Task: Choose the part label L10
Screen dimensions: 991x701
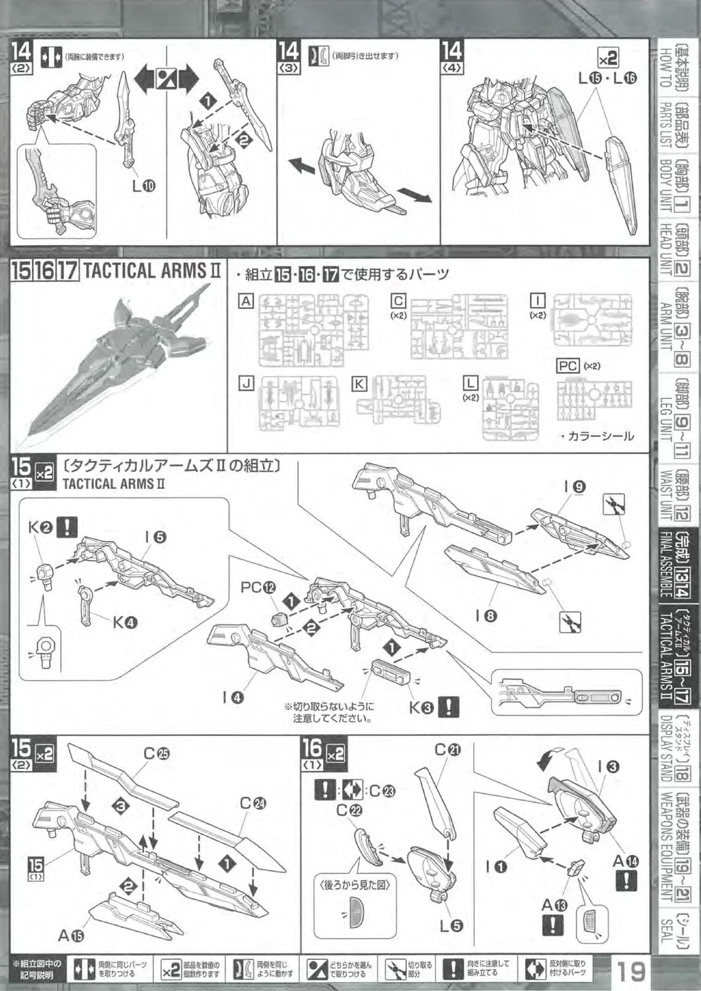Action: pos(143,186)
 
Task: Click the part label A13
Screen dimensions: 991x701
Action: pos(554,904)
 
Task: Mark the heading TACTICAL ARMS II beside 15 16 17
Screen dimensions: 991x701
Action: pos(153,271)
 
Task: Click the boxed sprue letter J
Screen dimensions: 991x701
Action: pos(246,383)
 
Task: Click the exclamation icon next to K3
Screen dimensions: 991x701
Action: pos(449,707)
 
